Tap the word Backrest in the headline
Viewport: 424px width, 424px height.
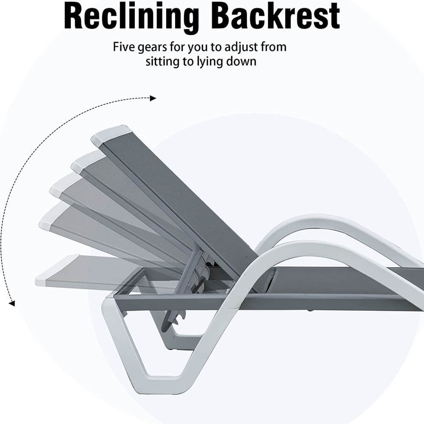[276, 16]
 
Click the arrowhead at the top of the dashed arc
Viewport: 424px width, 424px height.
[153, 98]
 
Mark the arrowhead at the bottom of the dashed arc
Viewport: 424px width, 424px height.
[12, 303]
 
